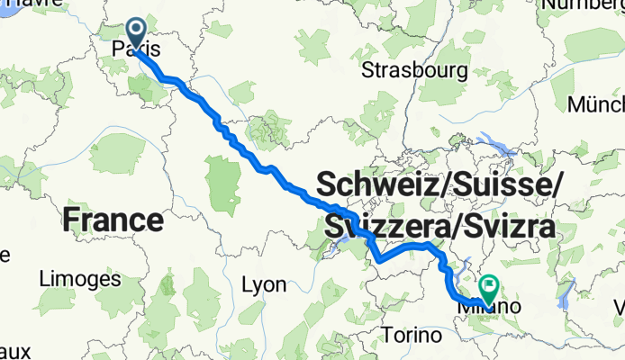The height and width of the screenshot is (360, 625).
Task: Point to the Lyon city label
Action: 265,285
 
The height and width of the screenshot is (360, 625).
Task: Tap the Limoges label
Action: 80,279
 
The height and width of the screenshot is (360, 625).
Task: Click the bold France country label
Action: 113,219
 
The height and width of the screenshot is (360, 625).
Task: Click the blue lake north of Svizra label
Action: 495,140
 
